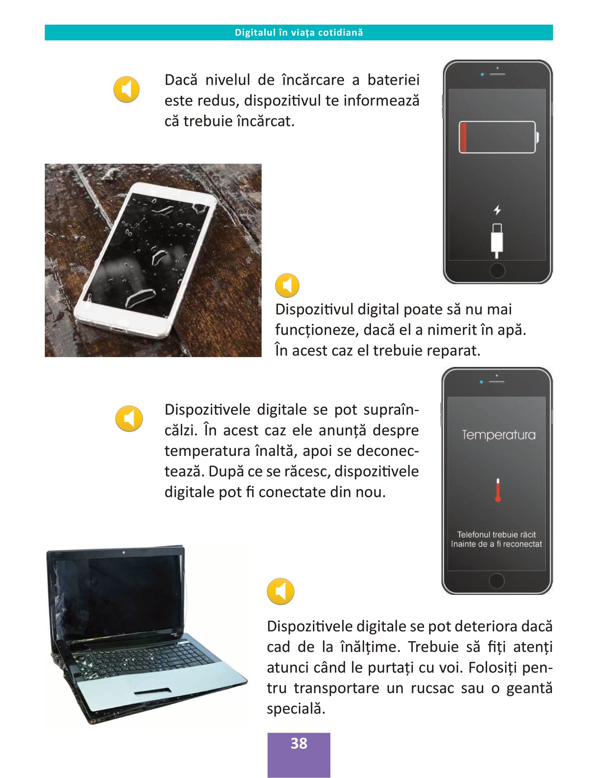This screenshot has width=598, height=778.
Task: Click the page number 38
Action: (299, 743)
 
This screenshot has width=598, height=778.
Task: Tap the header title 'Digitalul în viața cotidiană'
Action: (299, 33)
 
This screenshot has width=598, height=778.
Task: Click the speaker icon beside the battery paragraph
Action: (126, 90)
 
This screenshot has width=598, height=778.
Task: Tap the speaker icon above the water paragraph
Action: (287, 285)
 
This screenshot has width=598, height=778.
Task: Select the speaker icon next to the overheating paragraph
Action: (129, 419)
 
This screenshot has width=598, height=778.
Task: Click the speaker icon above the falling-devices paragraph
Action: (281, 591)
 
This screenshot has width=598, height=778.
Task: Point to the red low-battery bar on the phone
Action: (463, 137)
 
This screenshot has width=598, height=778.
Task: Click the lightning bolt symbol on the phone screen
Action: (497, 210)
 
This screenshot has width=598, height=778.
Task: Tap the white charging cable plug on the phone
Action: (497, 241)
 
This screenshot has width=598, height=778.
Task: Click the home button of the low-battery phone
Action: (497, 270)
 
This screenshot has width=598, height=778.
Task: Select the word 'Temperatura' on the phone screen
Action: (499, 435)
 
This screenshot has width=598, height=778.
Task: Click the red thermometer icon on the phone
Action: (498, 490)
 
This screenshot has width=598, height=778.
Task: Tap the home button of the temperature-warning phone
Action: (497, 581)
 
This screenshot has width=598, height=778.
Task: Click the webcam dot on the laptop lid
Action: (124, 552)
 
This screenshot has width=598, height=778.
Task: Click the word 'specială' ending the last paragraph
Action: (296, 709)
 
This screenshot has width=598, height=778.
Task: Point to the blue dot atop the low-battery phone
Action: (482, 74)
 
